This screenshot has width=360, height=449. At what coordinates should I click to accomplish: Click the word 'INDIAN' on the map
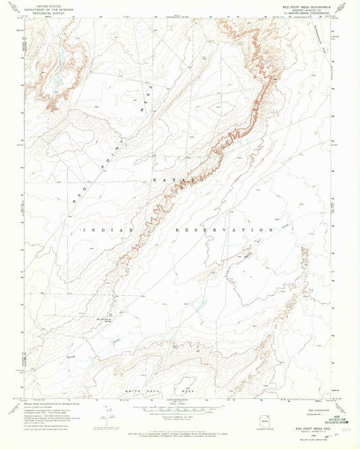pyautogui.click(x=102, y=230)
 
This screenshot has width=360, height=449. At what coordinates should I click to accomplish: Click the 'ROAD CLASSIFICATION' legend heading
pyautogui.click(x=291, y=406)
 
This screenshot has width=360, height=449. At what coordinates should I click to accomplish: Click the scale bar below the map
pyautogui.click(x=180, y=407)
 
